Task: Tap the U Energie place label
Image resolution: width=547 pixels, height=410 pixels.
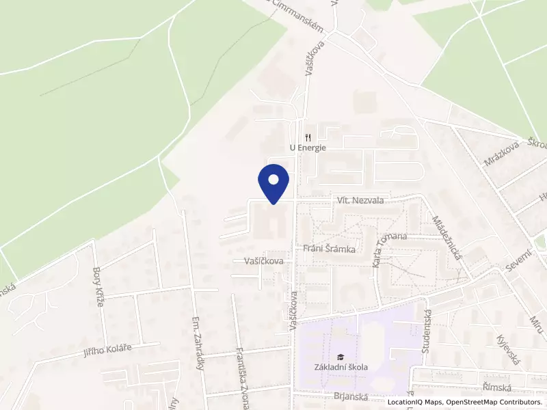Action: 308,147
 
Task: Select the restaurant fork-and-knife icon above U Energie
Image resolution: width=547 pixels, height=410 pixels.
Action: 308,136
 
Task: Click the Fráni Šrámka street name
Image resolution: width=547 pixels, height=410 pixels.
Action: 329,249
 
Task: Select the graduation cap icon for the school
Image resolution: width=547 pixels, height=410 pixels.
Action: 340,356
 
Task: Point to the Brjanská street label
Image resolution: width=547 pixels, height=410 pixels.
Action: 351,396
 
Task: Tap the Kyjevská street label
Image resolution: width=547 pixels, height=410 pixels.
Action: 509,351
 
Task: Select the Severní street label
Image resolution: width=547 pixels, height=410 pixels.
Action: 519,262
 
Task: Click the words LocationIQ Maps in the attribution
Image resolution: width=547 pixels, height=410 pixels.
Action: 415,402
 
